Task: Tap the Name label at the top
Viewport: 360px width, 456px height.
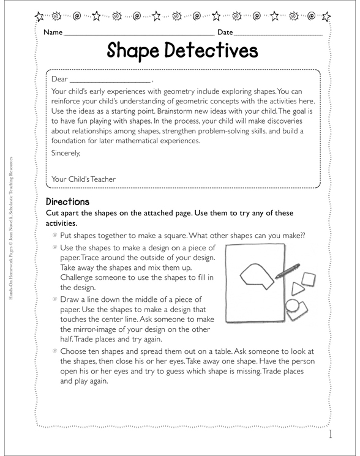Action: pos(53,32)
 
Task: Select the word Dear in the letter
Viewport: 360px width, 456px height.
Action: pos(60,80)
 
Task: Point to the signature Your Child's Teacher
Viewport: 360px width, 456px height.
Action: pos(83,179)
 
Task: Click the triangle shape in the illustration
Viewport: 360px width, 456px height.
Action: pos(296,288)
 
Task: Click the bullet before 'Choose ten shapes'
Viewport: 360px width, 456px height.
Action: pos(55,351)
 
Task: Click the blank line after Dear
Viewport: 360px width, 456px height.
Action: pos(110,81)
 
